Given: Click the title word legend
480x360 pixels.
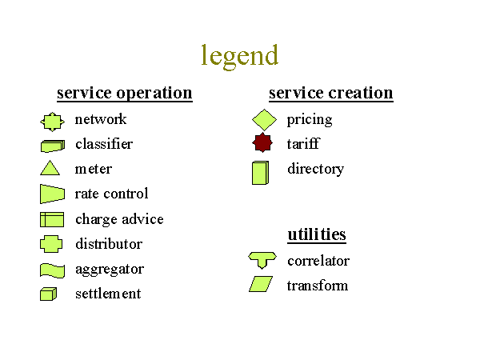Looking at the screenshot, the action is coord(240,57).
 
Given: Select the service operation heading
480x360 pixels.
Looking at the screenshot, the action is coord(125,93).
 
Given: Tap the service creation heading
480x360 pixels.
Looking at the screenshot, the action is coord(331,93).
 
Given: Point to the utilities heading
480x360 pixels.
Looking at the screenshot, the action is coord(317,234).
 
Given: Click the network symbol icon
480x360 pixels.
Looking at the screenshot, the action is coord(52,122).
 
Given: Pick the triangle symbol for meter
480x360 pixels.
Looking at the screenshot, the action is coord(50,168).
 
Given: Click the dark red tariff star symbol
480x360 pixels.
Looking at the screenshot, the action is coord(262,142).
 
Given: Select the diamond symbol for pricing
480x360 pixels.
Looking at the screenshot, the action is coord(264,120).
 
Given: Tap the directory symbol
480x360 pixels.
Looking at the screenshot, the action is coord(261,173).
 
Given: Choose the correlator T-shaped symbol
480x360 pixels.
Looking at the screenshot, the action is coord(262,259).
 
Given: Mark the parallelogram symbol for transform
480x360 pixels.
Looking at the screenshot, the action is coord(261,284).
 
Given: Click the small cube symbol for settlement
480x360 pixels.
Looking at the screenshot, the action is coord(48,294).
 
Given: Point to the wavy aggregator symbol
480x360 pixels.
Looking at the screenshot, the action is coord(52,270).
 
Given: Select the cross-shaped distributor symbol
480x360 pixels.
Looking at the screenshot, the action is coord(51,244).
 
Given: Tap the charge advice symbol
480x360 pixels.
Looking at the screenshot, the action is coord(52,219).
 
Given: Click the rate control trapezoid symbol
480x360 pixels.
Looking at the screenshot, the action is coord(52,194).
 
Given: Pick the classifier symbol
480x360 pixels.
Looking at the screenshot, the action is coord(53,146).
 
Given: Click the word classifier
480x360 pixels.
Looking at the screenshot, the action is coord(104,144).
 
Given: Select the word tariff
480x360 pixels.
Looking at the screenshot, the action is coord(303,144).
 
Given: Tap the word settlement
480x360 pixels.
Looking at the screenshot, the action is coord(108,294).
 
